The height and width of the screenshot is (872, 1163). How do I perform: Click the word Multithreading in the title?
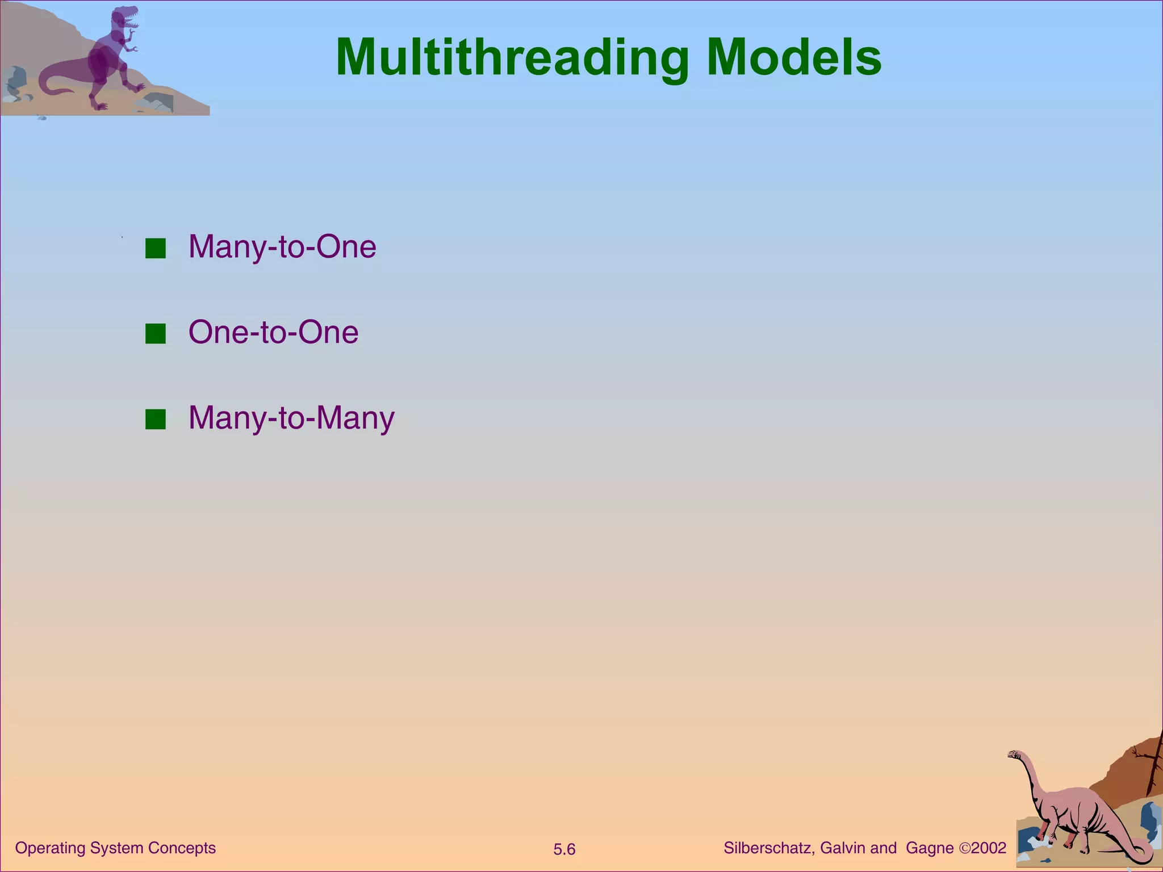(x=511, y=58)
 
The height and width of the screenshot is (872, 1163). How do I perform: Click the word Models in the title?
(x=794, y=58)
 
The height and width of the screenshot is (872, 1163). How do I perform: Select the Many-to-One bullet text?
(x=282, y=247)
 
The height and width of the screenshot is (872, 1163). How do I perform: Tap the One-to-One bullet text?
(x=273, y=332)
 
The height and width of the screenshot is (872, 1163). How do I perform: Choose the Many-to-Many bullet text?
(x=291, y=418)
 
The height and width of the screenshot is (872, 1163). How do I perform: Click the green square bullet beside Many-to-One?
(x=155, y=249)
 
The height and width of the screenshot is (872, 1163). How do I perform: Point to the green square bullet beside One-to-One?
(x=155, y=334)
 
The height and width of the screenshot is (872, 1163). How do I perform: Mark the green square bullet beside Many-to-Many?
(x=155, y=420)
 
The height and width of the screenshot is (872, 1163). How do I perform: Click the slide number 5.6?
(x=564, y=849)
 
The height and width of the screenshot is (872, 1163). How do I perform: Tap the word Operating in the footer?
(x=50, y=848)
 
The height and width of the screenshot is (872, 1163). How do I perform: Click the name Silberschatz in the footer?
(x=769, y=848)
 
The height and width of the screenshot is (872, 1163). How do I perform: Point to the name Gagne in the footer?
(x=930, y=848)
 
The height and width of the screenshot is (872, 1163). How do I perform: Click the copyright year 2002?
(x=989, y=848)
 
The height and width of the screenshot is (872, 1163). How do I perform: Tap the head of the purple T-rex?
(x=124, y=17)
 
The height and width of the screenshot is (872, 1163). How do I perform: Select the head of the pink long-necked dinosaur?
(x=1014, y=754)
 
